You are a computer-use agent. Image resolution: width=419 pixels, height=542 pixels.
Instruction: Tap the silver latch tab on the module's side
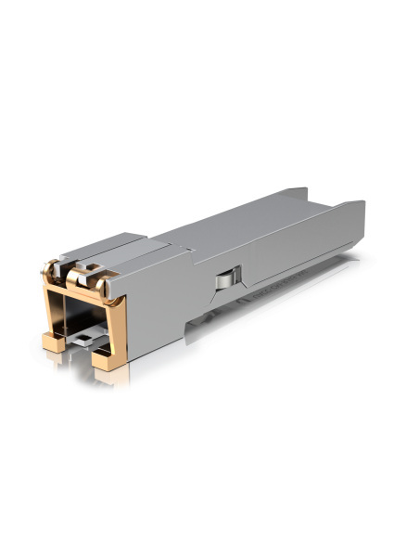tap(225, 277)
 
